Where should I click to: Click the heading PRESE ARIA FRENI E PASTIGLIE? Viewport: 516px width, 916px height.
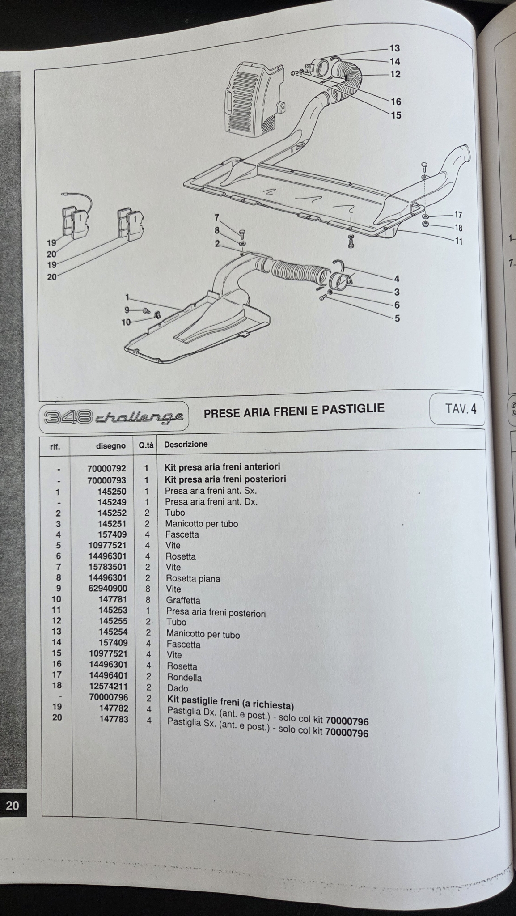[294, 411]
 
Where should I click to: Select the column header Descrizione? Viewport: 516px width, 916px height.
[186, 445]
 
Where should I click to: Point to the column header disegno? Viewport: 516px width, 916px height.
[111, 446]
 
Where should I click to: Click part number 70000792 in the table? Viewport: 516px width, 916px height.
[107, 469]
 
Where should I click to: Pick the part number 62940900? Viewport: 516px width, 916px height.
[107, 589]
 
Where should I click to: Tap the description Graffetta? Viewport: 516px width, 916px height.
[183, 600]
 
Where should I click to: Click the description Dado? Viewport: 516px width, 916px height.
[178, 688]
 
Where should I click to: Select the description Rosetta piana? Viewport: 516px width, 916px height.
[193, 579]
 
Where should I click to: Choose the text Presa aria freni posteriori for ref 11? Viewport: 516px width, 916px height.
[216, 612]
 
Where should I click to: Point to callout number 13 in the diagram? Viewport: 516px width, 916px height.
[394, 48]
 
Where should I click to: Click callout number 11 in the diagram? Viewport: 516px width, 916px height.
[458, 242]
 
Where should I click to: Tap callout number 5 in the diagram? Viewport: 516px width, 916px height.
[397, 318]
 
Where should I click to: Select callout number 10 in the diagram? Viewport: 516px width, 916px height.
[126, 322]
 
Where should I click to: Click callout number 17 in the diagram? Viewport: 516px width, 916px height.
[458, 215]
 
